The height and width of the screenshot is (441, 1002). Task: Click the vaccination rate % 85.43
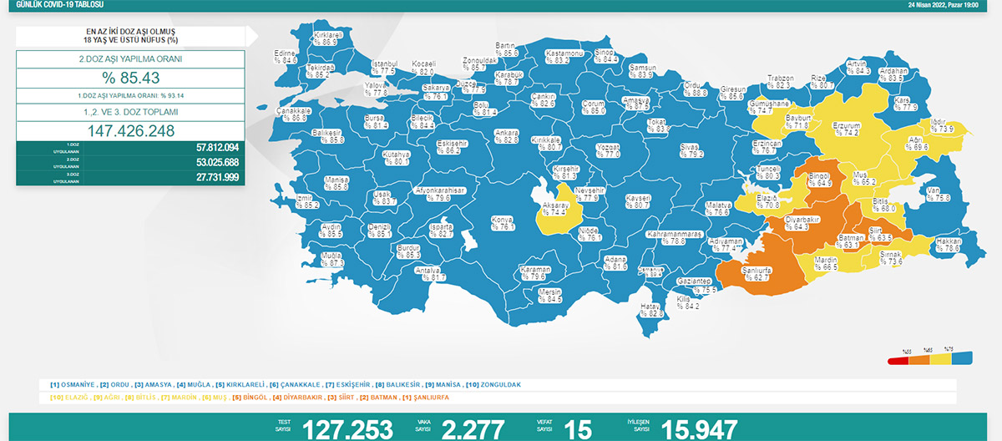(x=131, y=79)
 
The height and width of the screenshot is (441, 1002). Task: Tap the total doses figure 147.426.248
(x=131, y=130)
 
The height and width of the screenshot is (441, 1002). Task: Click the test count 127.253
(x=347, y=429)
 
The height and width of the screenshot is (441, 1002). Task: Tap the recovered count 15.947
(x=699, y=429)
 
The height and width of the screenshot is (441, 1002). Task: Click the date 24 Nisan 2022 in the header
(x=940, y=4)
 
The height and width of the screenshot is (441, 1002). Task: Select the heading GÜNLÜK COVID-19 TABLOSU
(x=51, y=4)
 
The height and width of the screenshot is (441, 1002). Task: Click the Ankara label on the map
(x=507, y=136)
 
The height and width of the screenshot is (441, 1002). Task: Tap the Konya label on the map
(x=502, y=223)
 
